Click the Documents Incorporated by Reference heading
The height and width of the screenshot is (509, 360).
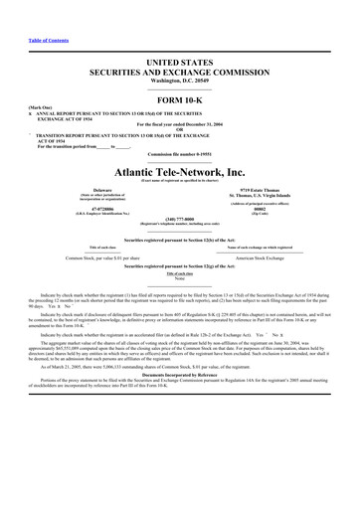180,403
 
